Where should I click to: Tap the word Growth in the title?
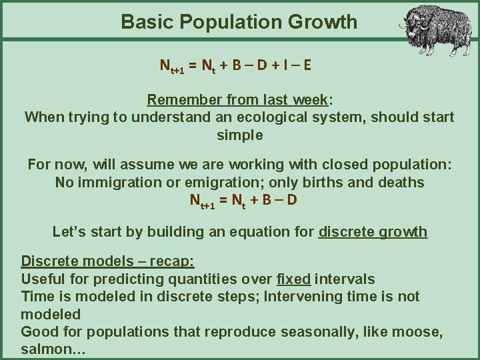[x=323, y=22]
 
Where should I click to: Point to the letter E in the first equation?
[x=307, y=66]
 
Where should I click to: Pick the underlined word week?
[x=311, y=100]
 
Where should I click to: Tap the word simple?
[x=240, y=135]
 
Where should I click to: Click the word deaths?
[x=401, y=182]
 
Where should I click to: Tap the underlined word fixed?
[x=293, y=279]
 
